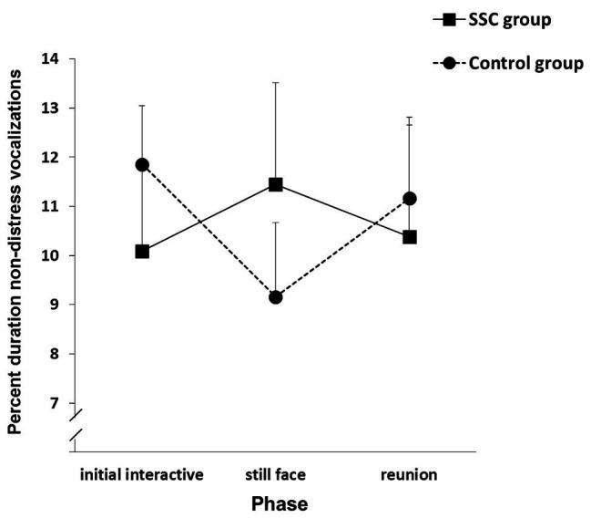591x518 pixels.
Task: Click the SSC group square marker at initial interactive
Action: click(x=142, y=251)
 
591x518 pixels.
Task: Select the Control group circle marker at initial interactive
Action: click(x=142, y=165)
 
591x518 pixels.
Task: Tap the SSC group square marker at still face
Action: click(x=276, y=185)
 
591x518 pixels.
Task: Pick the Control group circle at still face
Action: click(x=276, y=297)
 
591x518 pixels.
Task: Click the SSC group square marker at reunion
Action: click(x=410, y=237)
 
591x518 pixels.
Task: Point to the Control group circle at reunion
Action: click(x=410, y=199)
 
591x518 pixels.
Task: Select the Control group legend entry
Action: click(x=515, y=64)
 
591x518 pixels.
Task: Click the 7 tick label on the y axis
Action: click(x=54, y=403)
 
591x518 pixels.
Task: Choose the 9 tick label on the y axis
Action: click(x=54, y=305)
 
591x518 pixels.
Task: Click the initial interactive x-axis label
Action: click(x=142, y=475)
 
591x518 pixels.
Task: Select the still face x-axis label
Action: click(x=276, y=475)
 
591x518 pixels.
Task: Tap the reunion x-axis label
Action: click(x=410, y=475)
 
